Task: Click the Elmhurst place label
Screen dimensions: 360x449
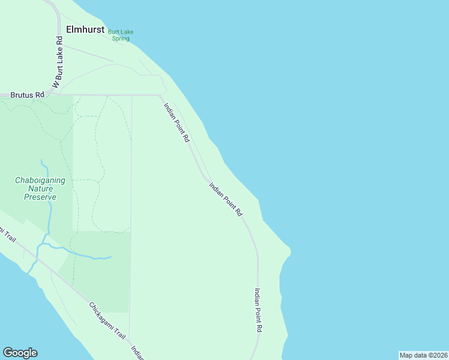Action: tap(85, 29)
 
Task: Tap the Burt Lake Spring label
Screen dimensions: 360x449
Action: tap(120, 35)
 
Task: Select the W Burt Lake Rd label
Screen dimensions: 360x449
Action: tap(58, 63)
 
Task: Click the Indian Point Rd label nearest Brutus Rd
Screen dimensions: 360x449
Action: tap(177, 122)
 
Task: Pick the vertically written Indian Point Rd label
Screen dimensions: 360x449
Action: tap(258, 310)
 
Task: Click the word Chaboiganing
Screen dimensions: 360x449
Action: tap(44, 180)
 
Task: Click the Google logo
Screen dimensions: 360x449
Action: tap(20, 353)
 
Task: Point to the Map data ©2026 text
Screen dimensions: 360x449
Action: tap(423, 355)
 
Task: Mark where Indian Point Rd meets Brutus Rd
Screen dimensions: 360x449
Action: tap(159, 95)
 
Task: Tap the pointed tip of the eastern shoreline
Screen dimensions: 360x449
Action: tap(290, 249)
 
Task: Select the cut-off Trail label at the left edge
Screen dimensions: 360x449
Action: tap(7, 236)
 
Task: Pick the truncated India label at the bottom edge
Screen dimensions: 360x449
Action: tap(137, 353)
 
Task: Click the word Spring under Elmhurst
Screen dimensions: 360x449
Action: tap(121, 38)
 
